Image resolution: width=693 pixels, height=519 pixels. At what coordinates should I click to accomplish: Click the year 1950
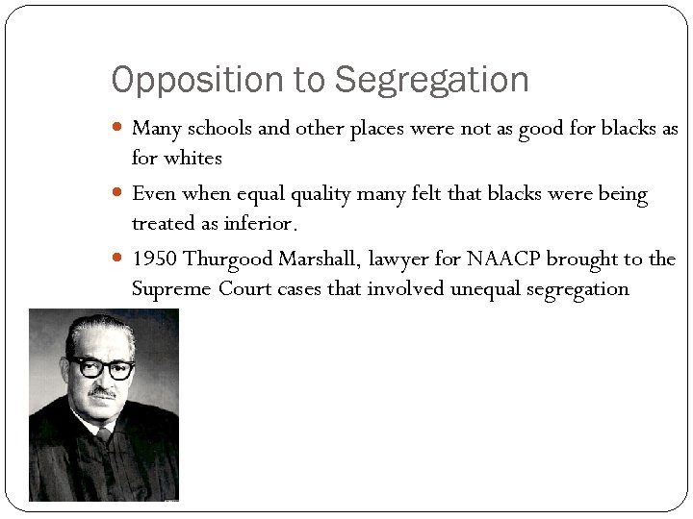click(154, 259)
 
